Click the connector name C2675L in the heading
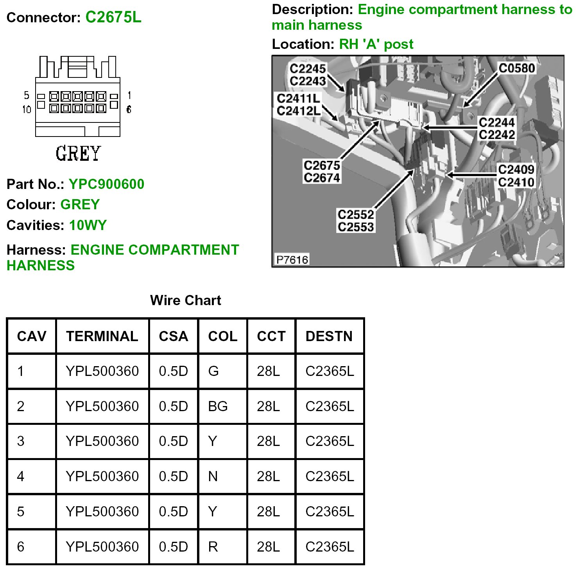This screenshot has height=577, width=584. coord(113,17)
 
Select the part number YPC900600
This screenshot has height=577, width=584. coord(106,184)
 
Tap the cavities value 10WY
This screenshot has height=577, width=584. coord(88,225)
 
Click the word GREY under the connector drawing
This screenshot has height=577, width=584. coord(78,153)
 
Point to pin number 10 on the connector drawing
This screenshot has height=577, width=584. coord(27,109)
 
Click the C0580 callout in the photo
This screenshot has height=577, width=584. coord(516,68)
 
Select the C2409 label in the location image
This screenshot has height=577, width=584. coord(516,169)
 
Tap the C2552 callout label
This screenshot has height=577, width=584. coord(356,214)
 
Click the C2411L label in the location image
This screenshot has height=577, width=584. coord(298,98)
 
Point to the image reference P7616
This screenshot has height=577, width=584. coord(292,260)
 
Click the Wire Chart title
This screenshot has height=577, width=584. coord(186,300)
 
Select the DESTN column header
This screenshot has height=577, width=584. coord(329,336)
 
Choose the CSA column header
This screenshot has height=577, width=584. coord(174,336)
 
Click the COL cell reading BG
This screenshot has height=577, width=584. coord(218,406)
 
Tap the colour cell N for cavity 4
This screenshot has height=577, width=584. coord(213,476)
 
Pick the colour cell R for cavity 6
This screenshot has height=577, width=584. coord(213,547)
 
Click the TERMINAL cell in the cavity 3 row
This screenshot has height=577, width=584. coord(102,441)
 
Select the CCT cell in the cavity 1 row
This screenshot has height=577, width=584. coord(269,371)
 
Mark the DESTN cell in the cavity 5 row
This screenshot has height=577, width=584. coord(330,512)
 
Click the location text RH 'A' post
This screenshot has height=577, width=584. coord(376,44)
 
